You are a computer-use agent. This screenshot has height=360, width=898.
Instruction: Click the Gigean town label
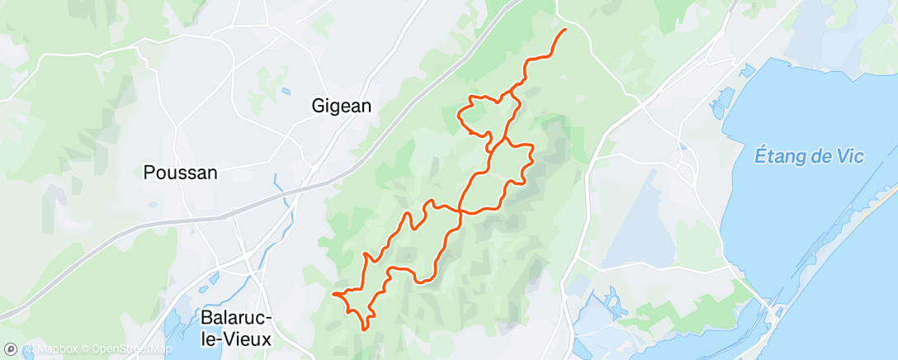click(342, 106)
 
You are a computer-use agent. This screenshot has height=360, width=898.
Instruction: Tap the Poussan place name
click(180, 173)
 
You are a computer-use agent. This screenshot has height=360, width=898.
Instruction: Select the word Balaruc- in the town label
click(237, 318)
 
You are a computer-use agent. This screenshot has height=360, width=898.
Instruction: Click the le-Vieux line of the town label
click(238, 339)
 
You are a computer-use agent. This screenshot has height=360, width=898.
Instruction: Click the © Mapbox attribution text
click(56, 349)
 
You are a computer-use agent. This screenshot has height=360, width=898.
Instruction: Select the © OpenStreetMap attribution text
click(130, 349)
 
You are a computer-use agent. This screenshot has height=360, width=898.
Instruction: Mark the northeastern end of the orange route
click(565, 30)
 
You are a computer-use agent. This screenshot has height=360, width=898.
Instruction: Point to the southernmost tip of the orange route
click(364, 329)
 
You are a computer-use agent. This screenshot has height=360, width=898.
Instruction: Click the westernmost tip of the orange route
click(333, 293)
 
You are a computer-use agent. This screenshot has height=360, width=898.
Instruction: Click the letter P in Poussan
click(149, 173)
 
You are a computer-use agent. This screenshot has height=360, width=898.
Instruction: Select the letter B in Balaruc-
click(206, 318)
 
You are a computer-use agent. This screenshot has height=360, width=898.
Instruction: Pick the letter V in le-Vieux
click(236, 339)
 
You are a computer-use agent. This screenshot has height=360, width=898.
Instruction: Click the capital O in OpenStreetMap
click(96, 349)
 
